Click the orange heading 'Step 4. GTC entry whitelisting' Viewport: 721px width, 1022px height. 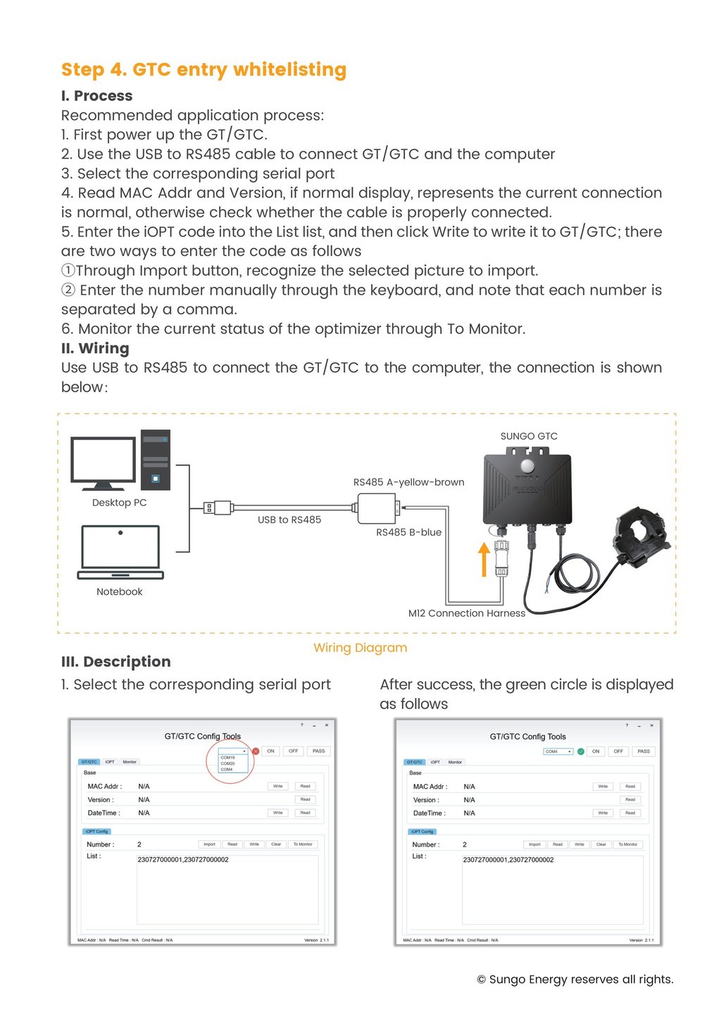203,70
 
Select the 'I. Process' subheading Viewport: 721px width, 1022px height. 96,96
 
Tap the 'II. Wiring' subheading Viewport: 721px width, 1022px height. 95,348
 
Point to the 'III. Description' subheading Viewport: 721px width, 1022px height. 116,662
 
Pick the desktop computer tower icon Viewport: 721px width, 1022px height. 156,460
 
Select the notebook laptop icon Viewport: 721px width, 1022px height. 120,553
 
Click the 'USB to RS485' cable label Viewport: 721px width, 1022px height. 289,520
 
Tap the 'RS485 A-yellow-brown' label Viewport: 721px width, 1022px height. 408,483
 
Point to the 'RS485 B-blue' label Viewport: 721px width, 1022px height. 408,533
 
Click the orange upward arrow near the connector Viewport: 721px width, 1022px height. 484,559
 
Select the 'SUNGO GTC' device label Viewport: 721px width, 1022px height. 529,437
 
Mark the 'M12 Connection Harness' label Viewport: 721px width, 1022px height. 467,614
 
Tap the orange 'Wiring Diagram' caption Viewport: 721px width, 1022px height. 360,648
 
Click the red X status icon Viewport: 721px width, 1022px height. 256,751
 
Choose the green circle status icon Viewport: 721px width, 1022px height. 581,751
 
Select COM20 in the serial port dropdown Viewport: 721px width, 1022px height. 228,763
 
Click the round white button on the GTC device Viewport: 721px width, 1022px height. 527,466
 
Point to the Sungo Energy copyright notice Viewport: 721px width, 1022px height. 575,980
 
